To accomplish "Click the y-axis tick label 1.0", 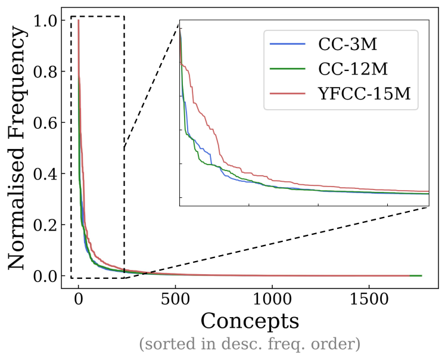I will [45, 21].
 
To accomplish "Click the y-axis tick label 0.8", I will [45, 72].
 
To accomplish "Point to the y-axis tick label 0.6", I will [45, 123].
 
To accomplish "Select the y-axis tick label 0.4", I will [45, 174].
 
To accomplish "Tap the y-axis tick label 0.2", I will [45, 225].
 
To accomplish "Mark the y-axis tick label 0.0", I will [45, 276].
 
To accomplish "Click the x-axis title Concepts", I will [250, 321].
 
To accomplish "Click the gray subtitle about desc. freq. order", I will [250, 344].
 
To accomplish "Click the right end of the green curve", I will [421, 276].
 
